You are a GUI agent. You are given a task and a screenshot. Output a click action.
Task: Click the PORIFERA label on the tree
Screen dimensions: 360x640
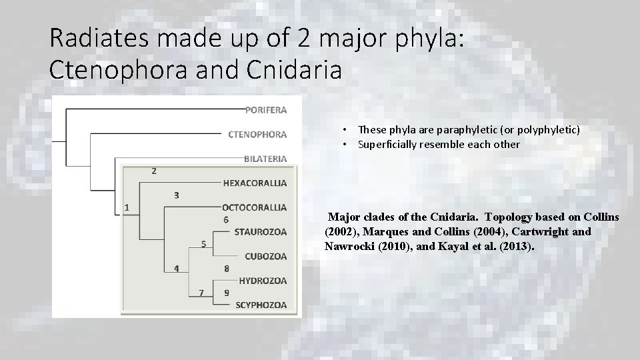click(x=266, y=109)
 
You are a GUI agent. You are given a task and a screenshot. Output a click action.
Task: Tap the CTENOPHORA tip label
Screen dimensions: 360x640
click(x=257, y=134)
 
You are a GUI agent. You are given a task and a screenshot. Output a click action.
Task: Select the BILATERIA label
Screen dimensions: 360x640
click(x=265, y=159)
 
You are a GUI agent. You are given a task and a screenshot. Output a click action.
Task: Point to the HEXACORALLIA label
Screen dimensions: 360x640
click(x=255, y=182)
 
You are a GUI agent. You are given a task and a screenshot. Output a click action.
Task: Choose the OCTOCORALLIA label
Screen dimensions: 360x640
click(x=255, y=207)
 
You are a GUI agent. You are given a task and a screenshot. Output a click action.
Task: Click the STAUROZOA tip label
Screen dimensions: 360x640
click(x=261, y=231)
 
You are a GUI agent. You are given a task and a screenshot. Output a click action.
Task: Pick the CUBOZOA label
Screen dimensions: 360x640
click(x=265, y=256)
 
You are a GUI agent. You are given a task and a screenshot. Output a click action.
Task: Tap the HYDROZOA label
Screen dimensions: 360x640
click(x=263, y=281)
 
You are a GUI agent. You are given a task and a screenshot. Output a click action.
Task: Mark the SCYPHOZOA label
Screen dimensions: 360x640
click(x=261, y=305)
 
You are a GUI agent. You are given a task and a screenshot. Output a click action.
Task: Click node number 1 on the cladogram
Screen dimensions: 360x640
click(x=127, y=207)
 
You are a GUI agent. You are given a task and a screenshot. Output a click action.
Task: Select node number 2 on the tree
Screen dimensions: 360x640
click(x=154, y=171)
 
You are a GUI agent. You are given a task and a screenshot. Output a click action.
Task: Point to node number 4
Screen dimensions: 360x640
click(x=176, y=269)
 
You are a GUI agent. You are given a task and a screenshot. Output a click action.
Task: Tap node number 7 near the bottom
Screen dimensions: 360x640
click(x=201, y=293)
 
